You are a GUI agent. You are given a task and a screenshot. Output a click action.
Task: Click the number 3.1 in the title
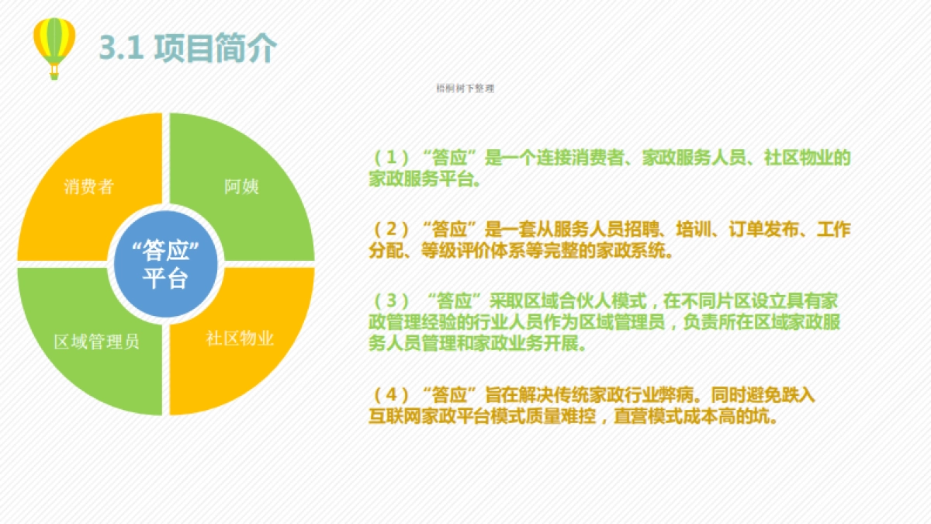[x=119, y=48]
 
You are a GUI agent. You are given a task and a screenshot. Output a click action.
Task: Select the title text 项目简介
[x=215, y=48]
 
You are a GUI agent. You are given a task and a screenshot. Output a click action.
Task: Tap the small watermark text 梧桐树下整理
[x=465, y=88]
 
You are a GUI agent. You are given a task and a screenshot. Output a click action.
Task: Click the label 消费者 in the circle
[x=88, y=186]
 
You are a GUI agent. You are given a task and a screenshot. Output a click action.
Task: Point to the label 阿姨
[x=241, y=186]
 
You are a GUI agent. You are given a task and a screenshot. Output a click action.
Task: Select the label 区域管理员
[x=97, y=342]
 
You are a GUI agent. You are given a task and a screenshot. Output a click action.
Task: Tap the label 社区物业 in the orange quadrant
[x=240, y=338]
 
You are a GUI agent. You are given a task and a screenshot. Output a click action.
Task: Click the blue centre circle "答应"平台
[x=165, y=264]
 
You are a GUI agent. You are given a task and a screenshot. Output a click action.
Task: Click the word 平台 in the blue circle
[x=165, y=278]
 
